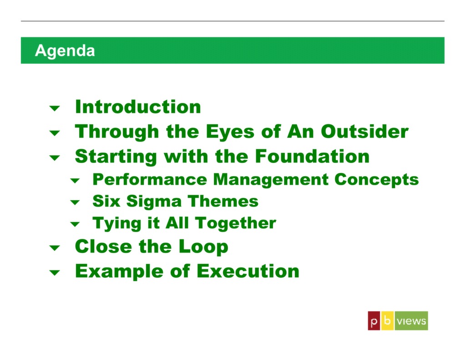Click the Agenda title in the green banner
pos(65,51)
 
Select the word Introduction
pos(137,107)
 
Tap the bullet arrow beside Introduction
pos(55,108)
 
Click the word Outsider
pos(365,132)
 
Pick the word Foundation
pos(312,156)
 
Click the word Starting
pos(116,157)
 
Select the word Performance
pos(150,179)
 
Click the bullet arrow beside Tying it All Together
pos(75,224)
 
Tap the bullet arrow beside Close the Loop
pos(55,248)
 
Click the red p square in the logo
pos(374,321)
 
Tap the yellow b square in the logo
pos(387,321)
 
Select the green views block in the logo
pos(411,321)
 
